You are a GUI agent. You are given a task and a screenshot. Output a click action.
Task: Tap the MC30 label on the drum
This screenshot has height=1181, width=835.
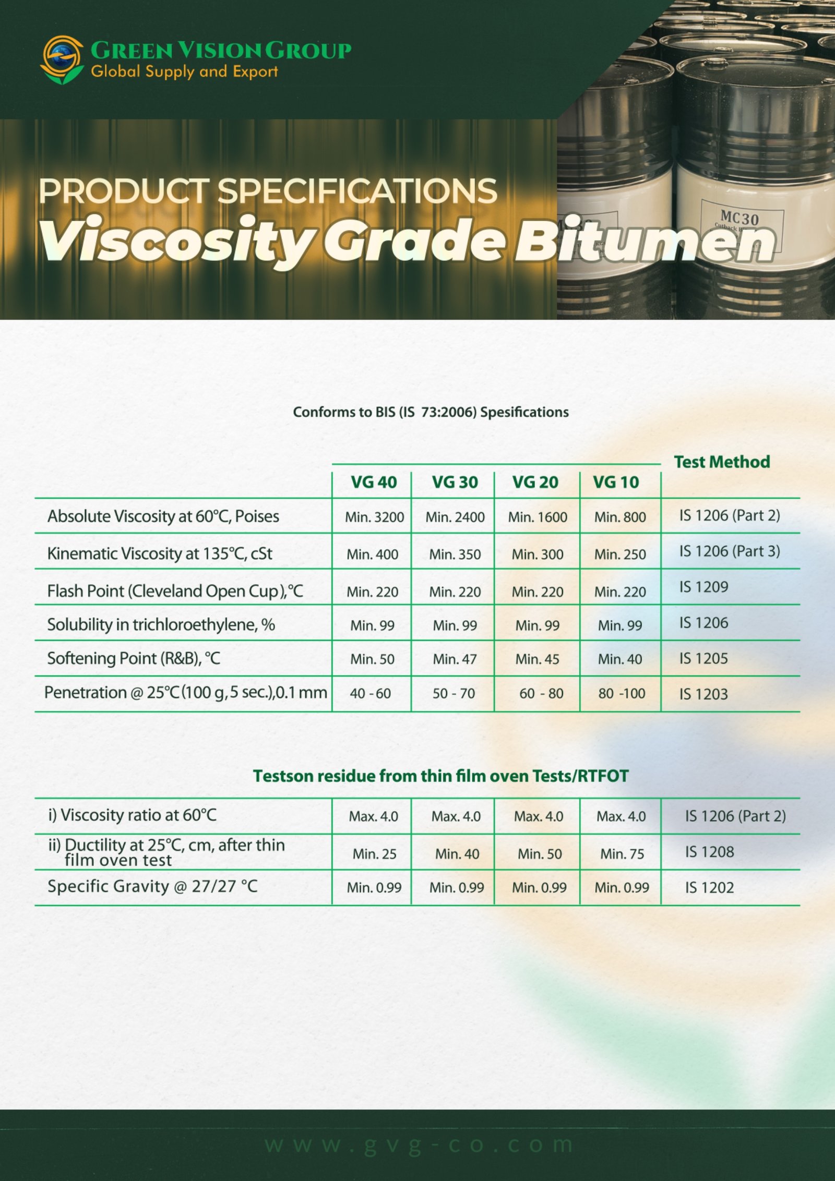739,218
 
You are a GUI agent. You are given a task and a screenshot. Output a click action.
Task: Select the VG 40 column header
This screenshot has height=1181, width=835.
374,482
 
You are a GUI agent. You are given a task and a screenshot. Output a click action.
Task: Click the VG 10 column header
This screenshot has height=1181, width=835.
616,482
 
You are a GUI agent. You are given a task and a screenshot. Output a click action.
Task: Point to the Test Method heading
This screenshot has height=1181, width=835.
722,462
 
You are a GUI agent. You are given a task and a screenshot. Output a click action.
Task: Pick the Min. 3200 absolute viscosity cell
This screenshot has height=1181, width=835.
374,517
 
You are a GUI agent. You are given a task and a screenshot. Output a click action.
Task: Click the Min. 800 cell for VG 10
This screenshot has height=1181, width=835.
620,517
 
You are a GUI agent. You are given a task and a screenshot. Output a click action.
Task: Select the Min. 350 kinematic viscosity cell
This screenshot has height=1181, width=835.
455,554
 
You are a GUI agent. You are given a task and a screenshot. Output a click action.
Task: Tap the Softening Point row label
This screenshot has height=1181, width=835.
134,658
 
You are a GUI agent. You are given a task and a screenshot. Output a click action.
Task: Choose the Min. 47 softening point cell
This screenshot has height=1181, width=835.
455,659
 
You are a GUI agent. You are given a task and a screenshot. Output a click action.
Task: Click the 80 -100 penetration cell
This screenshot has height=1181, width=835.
622,693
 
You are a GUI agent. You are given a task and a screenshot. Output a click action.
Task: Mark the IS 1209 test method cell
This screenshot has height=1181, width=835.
703,587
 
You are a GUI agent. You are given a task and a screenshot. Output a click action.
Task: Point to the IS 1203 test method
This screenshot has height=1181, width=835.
703,694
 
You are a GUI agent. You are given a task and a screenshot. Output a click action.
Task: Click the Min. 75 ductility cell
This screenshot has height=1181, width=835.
622,854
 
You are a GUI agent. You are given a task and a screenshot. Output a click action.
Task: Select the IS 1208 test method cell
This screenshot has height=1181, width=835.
709,852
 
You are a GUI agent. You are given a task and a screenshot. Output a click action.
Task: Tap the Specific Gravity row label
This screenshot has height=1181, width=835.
152,886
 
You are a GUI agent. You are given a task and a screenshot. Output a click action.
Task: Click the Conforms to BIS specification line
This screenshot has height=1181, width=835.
431,412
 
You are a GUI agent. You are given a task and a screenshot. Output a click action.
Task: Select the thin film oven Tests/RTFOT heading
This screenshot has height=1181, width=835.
440,776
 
